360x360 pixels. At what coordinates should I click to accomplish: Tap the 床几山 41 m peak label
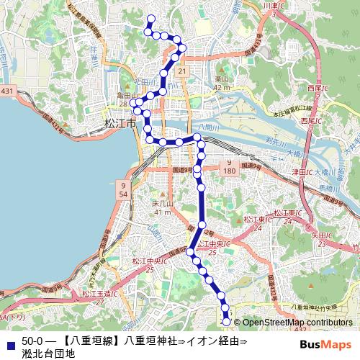163,208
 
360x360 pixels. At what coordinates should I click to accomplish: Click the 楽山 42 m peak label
222,83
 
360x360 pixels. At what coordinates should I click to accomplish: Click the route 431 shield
7,90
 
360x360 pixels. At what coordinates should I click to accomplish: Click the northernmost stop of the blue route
150,18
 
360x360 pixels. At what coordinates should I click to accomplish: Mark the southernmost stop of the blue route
228,323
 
